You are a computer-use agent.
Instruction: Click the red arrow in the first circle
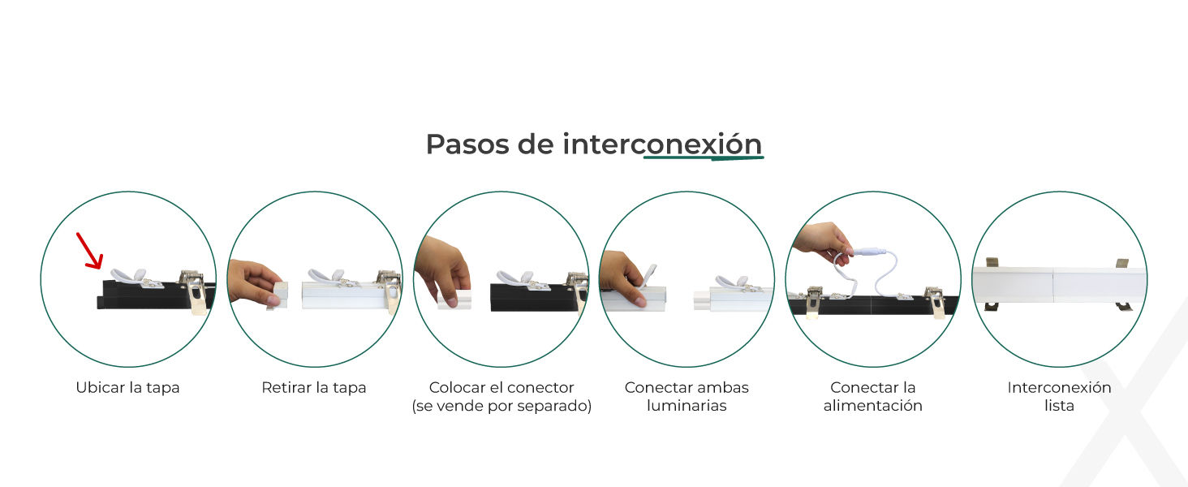[x=89, y=250]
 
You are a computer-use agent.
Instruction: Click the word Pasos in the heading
[x=467, y=144]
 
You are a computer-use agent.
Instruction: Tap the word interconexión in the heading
[x=662, y=144]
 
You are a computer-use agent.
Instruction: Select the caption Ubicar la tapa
[x=128, y=388]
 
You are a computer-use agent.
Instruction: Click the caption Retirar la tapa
[x=314, y=388]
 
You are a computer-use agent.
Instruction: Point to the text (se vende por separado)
[x=501, y=406]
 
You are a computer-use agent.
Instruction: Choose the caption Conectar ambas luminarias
[x=687, y=396]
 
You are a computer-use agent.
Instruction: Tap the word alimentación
[x=873, y=406]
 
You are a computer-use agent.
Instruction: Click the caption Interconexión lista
[x=1059, y=396]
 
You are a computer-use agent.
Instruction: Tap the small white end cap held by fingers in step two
[x=279, y=295]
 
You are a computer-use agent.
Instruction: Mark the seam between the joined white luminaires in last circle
[x=1052, y=285]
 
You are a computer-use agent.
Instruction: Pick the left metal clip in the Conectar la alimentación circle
[x=813, y=303]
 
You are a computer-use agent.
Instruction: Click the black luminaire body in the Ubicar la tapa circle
[x=154, y=295]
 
